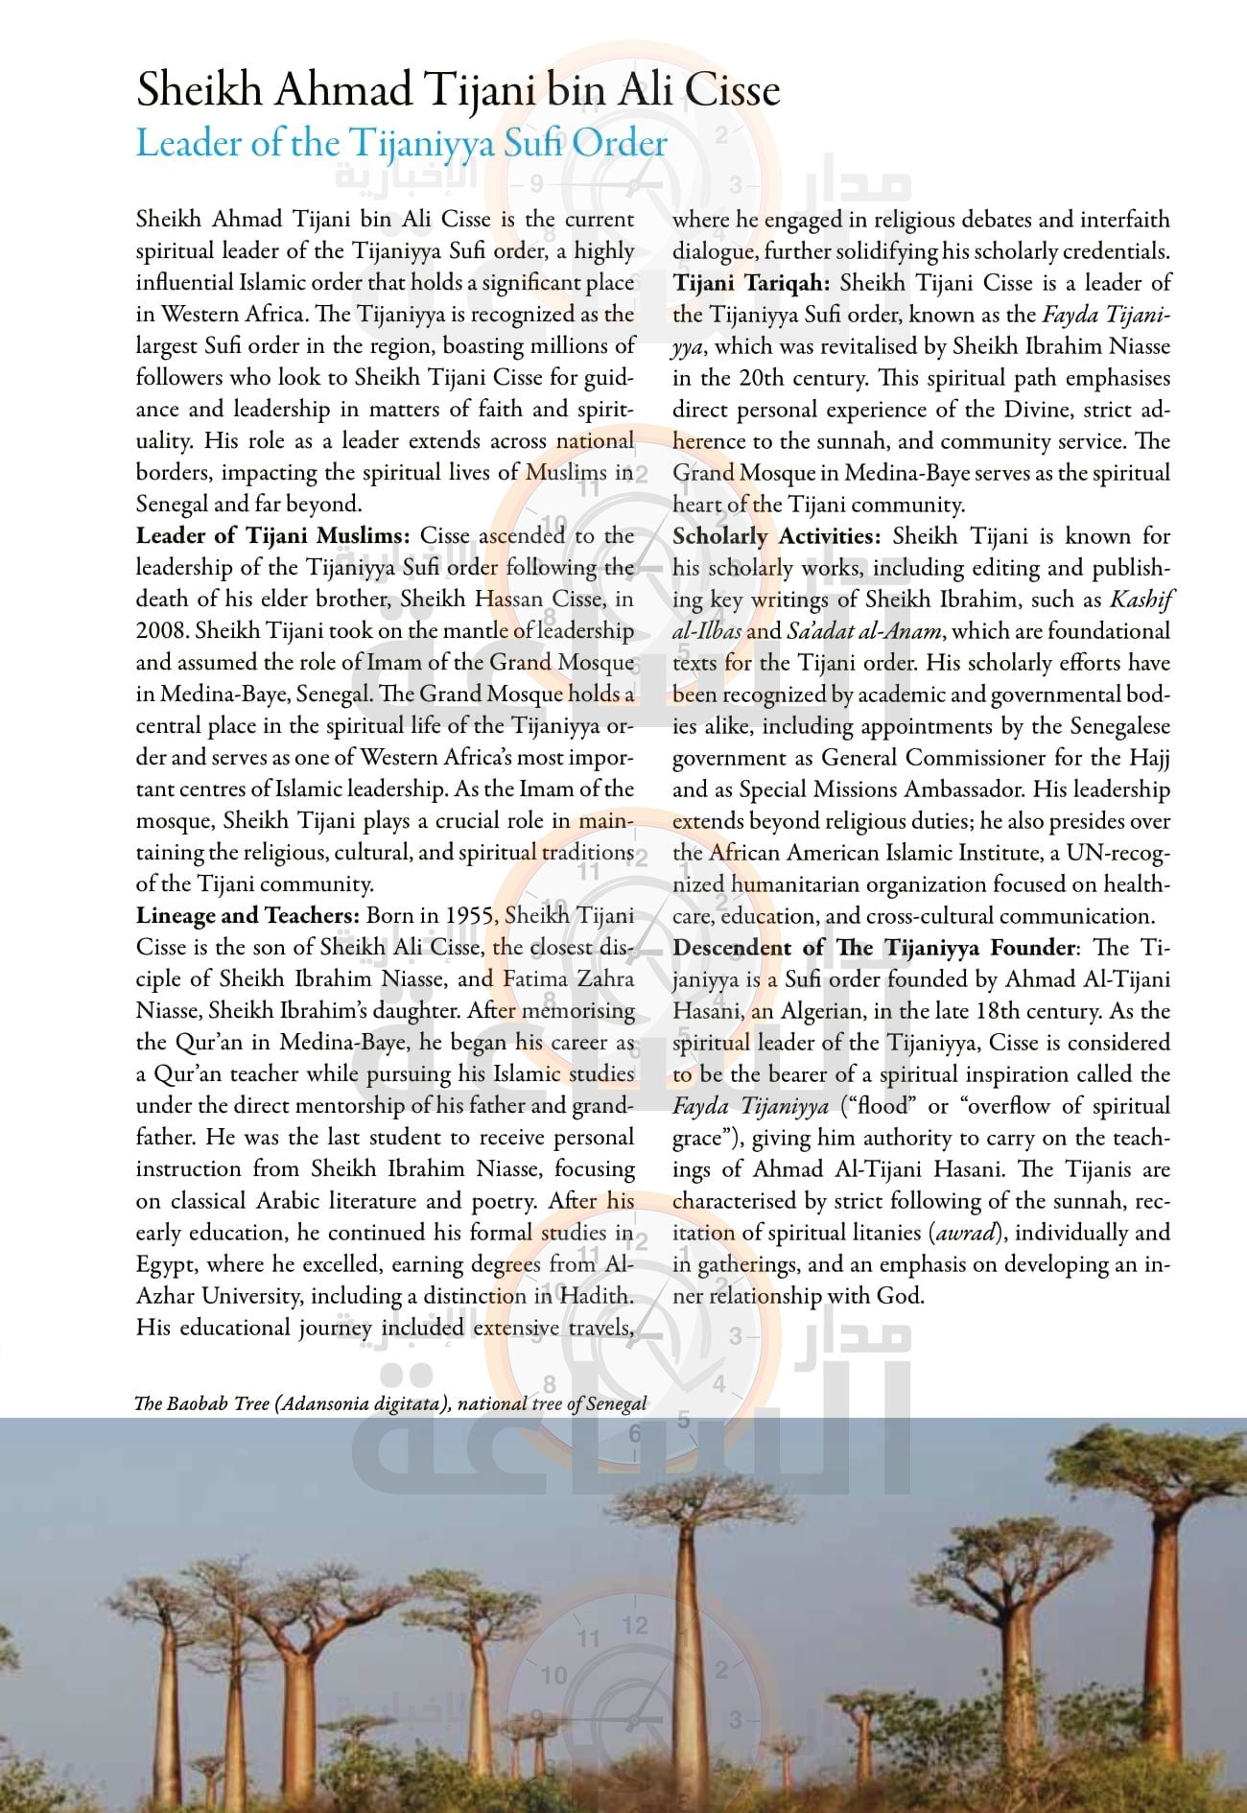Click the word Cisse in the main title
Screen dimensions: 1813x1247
[x=731, y=90]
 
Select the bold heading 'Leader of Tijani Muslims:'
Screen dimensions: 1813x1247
[x=272, y=535]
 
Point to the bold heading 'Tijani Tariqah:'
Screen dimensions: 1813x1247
[x=751, y=283]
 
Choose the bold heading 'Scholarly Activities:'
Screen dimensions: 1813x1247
[x=776, y=536]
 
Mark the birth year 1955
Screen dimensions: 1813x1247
[x=469, y=915]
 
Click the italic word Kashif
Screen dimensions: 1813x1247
[x=1141, y=600]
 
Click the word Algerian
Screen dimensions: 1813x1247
[x=827, y=1010]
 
